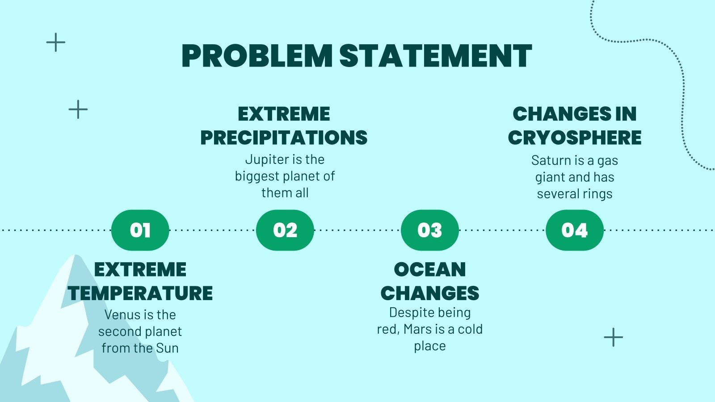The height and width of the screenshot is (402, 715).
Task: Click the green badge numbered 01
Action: tap(140, 230)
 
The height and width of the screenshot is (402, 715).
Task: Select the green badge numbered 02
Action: tap(285, 230)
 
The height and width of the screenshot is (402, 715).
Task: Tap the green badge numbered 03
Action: tap(429, 230)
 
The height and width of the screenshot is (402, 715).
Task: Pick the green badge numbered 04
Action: tap(574, 230)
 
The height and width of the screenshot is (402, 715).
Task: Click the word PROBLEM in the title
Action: tap(257, 56)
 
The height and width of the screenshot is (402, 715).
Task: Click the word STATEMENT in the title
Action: tap(435, 56)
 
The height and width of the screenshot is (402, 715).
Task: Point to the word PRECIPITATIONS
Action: tap(284, 138)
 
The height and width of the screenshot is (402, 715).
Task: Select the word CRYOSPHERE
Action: tap(575, 138)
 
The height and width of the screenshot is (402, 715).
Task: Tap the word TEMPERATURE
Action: tap(140, 293)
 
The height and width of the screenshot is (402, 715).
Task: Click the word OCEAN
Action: tap(430, 270)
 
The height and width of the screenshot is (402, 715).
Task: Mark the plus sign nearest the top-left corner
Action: tap(56, 42)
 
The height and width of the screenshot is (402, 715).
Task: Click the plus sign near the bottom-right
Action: tap(613, 337)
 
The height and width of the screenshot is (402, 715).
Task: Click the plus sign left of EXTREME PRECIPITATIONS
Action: tap(78, 109)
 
